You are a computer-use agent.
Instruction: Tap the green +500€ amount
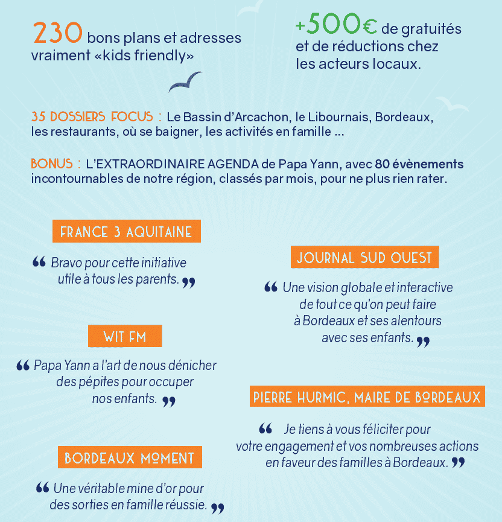(x=336, y=26)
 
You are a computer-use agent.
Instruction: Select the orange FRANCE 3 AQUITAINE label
(x=126, y=232)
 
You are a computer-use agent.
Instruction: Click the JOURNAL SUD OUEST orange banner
(x=364, y=258)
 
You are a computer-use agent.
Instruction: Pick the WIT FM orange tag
(x=125, y=337)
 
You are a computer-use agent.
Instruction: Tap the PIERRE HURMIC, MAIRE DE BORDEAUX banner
(x=367, y=397)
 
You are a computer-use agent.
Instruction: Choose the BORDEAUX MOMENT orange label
(x=129, y=457)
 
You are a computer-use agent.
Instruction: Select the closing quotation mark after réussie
(x=217, y=508)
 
